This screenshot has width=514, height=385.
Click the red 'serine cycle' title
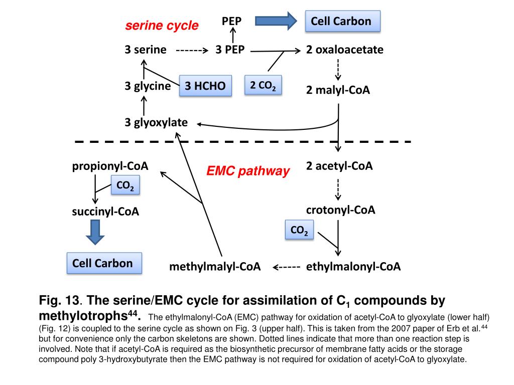162,26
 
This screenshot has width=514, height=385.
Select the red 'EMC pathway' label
248,171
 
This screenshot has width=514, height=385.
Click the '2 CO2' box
263,85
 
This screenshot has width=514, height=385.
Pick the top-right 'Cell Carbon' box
342,21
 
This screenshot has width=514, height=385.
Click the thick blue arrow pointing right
276,21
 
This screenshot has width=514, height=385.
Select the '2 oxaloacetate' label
345,50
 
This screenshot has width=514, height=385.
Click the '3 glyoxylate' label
157,122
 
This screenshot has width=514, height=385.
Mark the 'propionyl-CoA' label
110,166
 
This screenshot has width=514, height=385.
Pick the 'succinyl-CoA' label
105,212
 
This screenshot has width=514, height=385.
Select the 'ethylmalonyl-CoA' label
353,267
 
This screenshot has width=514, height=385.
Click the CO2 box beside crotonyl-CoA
299,231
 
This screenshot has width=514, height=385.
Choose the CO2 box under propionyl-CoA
124,186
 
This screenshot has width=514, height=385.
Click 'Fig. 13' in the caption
60,301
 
